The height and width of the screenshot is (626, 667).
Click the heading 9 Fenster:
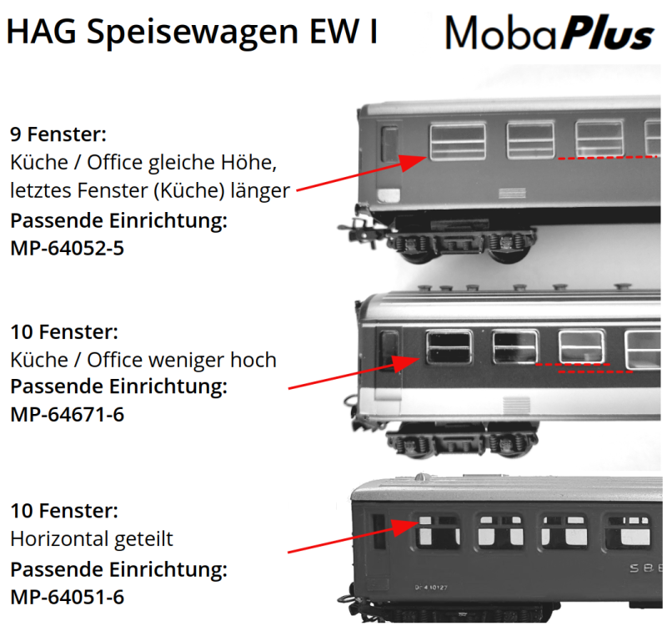[x=58, y=134]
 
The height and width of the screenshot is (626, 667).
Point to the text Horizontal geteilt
[x=91, y=538]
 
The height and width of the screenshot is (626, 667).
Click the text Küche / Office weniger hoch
[x=143, y=360]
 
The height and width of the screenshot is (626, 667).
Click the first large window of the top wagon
[x=457, y=142]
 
